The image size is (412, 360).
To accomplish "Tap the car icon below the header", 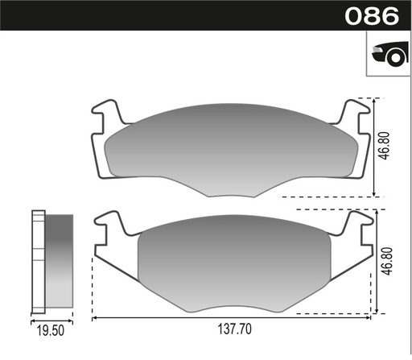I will point(386,55).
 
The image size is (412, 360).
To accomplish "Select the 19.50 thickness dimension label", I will point(52,330).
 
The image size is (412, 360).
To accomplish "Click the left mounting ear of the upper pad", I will point(106,116).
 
